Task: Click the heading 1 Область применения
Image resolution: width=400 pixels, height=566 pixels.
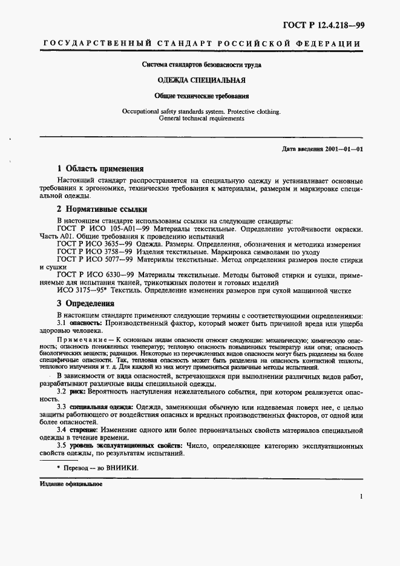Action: [x=100, y=169]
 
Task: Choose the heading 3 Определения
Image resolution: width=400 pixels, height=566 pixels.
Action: [x=85, y=303]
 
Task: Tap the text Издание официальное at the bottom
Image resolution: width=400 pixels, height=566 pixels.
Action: [x=71, y=484]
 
